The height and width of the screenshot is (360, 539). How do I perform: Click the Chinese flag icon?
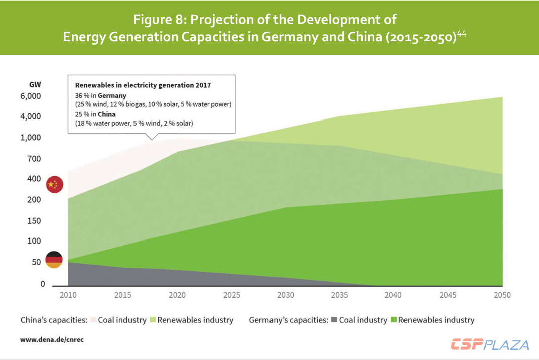tap(54, 185)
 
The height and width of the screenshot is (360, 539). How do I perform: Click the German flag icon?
tap(54, 260)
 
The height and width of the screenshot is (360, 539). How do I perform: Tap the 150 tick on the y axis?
tap(33, 221)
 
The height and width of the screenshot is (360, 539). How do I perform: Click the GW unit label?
tap(35, 84)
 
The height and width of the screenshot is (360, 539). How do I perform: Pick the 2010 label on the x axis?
tap(68, 295)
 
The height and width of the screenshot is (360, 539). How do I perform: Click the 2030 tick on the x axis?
tap(285, 295)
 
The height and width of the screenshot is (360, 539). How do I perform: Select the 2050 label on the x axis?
tap(502, 295)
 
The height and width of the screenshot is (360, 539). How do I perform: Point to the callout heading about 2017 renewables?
tap(143, 85)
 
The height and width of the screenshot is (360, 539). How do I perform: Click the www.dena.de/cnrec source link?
tap(52, 340)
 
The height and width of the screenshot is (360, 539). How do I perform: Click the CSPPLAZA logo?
tap(490, 345)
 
